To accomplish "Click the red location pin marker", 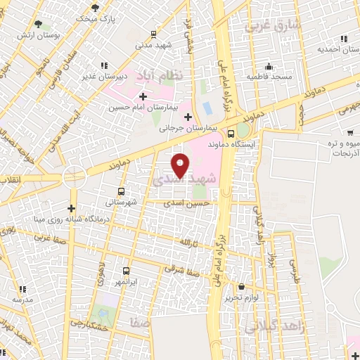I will tap(181, 165).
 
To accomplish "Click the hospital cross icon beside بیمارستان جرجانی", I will tap(188, 117).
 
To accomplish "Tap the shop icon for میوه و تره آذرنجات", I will tap(349, 133).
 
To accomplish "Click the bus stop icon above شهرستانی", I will tap(121, 191).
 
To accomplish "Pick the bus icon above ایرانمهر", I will tap(126, 271).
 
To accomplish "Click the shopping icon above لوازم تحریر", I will tap(242, 286).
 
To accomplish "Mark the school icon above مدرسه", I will tap(22, 289).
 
